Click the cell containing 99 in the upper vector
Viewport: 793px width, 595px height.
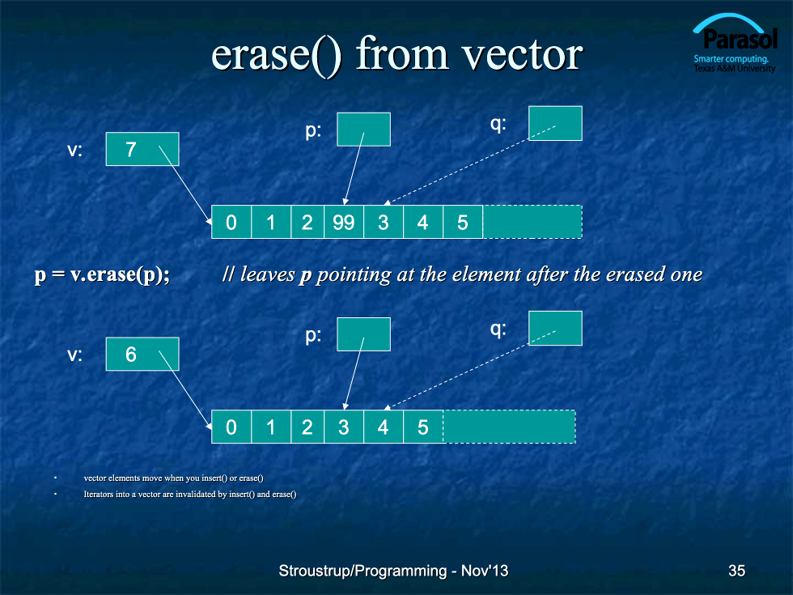[343, 222]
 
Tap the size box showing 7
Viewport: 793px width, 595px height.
[142, 149]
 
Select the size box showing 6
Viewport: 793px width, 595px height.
[142, 355]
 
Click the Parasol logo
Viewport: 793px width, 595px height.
[735, 44]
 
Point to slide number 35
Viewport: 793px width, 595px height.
[736, 571]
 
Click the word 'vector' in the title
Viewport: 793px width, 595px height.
[523, 55]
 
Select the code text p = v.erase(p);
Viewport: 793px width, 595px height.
[102, 274]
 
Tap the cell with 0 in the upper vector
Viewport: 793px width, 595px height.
[231, 222]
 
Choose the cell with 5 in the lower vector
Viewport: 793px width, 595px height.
[423, 427]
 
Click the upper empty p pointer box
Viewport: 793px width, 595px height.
[363, 129]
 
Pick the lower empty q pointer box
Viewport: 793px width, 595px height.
[555, 328]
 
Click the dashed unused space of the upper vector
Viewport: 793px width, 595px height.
[532, 222]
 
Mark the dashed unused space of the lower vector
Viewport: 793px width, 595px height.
[509, 427]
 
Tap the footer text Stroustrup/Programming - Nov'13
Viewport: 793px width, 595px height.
[393, 571]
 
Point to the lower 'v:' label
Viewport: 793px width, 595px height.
[74, 355]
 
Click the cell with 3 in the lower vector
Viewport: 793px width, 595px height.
[344, 427]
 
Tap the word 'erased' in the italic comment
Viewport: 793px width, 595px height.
[635, 274]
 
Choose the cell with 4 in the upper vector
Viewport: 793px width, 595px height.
[423, 222]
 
